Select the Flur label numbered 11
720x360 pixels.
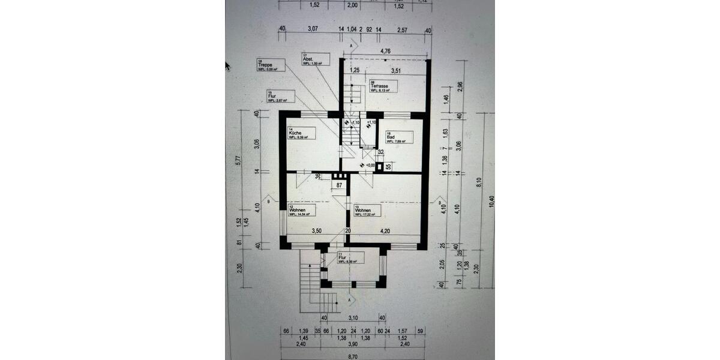(x=349, y=259)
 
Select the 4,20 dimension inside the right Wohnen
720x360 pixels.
(x=385, y=230)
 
